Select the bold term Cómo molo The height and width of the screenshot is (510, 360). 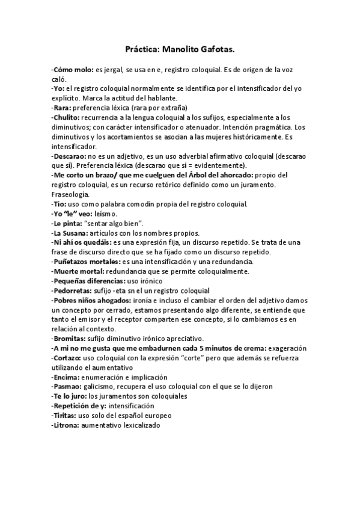tap(72, 70)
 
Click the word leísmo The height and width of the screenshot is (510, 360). tap(106, 214)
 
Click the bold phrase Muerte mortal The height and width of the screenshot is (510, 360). tap(75, 271)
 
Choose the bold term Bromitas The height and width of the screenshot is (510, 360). tap(70, 339)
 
